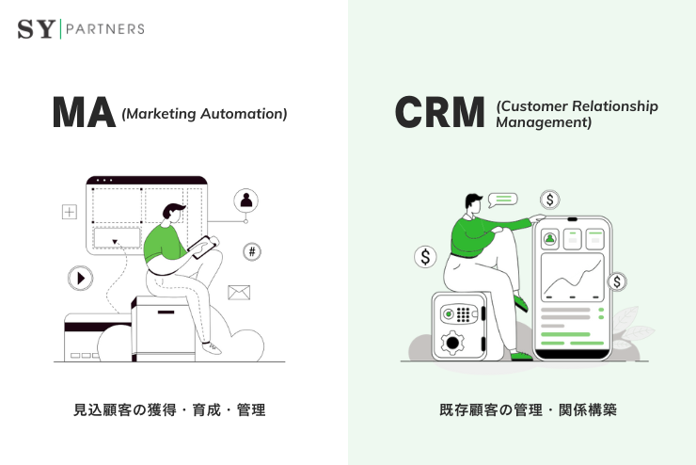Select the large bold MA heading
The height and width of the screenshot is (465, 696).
[x=84, y=114]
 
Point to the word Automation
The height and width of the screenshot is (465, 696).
[x=248, y=114]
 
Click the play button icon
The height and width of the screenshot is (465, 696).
[x=80, y=279]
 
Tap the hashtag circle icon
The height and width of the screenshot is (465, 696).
[x=251, y=251]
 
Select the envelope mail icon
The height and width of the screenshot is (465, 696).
[x=239, y=293]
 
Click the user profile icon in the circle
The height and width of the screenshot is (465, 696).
[x=246, y=200]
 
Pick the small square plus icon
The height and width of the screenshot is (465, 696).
[x=69, y=212]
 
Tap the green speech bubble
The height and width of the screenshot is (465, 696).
[x=503, y=199]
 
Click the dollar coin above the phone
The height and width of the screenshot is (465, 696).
[x=550, y=200]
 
